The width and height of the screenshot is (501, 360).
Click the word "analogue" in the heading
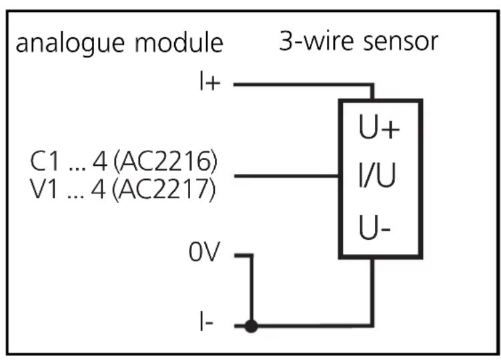coord(67,44)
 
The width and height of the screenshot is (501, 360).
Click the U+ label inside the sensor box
coord(380,129)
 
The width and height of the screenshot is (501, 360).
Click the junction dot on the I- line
coord(252,327)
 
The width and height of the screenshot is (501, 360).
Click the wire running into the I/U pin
coord(287,177)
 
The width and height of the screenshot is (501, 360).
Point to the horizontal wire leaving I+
coord(300,85)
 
